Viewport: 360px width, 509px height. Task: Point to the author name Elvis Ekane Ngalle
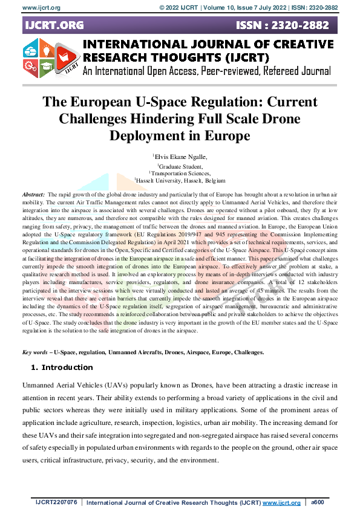180,156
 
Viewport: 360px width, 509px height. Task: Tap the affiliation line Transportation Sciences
180,172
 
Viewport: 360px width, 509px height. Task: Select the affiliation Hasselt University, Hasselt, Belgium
180,180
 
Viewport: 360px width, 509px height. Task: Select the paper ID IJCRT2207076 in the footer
56,502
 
